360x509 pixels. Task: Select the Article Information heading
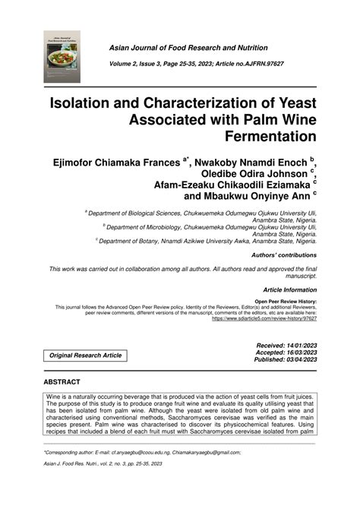[289, 290]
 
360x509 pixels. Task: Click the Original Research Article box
[85, 356]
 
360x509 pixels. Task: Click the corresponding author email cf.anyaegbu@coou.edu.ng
[140, 452]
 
